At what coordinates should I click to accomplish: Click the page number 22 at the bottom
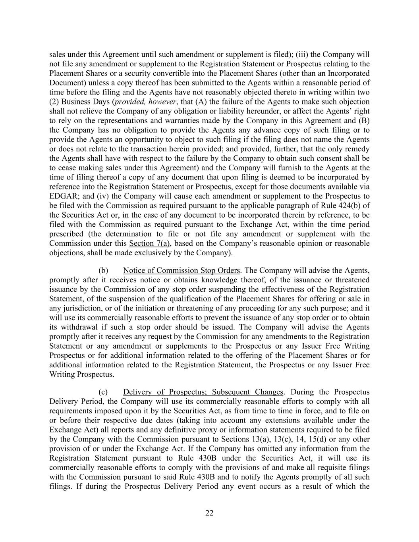[209, 513]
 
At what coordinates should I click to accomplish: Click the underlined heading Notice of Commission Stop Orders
[182, 270]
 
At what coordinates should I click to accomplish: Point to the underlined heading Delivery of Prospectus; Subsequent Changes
[203, 392]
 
